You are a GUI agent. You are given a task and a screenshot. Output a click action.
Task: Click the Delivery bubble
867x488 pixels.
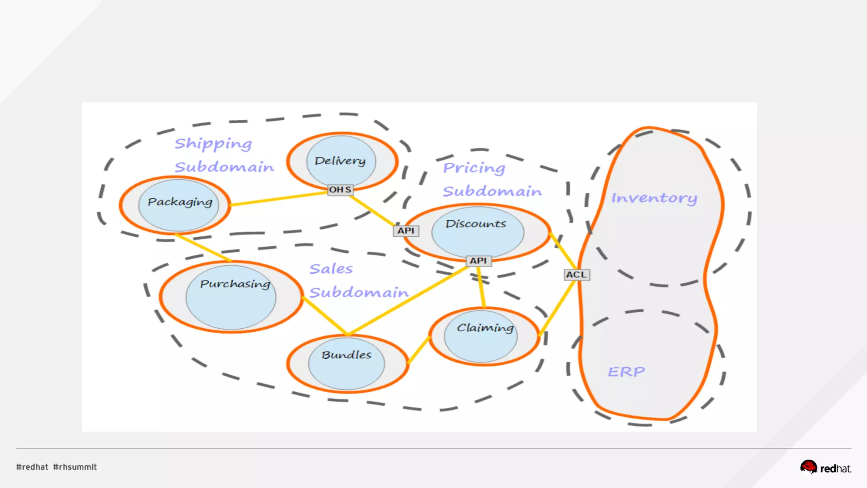[x=341, y=161]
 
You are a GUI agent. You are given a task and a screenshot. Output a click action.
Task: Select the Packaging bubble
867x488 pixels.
[x=179, y=205]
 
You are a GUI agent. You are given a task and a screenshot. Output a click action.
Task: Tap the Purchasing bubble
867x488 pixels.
[x=231, y=297]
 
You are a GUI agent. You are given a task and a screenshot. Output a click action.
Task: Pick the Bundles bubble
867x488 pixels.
[x=347, y=363]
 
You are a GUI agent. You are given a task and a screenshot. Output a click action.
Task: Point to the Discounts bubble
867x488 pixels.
[x=478, y=232]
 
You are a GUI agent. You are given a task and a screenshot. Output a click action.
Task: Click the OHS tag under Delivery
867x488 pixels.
[x=340, y=190]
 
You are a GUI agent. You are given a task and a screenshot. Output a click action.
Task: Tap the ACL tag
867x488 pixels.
[x=577, y=275]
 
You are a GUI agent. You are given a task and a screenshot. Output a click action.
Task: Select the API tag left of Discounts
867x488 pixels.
[x=406, y=231]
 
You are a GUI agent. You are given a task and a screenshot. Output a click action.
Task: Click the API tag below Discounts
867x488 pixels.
[x=478, y=261]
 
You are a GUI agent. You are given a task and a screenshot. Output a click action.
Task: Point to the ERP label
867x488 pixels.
[x=627, y=372]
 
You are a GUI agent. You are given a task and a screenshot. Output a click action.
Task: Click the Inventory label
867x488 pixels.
[x=654, y=198]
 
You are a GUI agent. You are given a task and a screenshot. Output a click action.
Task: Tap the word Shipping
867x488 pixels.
[x=213, y=144]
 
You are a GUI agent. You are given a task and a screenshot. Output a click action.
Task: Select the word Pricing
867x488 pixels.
[x=474, y=168]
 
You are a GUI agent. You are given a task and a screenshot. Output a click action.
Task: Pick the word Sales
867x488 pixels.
[x=331, y=269]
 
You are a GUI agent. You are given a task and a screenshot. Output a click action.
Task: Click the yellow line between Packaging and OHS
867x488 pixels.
[x=279, y=199]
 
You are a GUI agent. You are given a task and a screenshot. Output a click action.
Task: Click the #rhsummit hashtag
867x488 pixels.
[x=75, y=467]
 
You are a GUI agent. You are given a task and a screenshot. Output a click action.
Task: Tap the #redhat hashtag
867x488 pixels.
[x=32, y=467]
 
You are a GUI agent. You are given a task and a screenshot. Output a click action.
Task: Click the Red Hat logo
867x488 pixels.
[x=826, y=467]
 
